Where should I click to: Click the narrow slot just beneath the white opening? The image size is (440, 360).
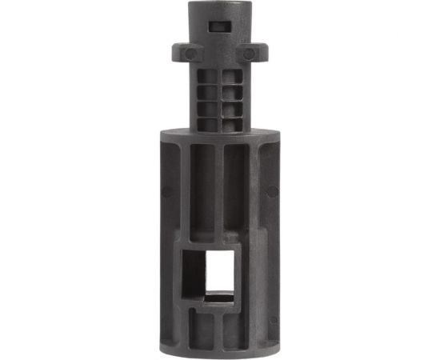point(218,302)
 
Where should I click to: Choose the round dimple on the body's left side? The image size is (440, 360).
point(166,190)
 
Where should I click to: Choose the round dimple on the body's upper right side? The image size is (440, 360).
point(271,190)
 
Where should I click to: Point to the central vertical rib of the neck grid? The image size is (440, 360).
point(218,96)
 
